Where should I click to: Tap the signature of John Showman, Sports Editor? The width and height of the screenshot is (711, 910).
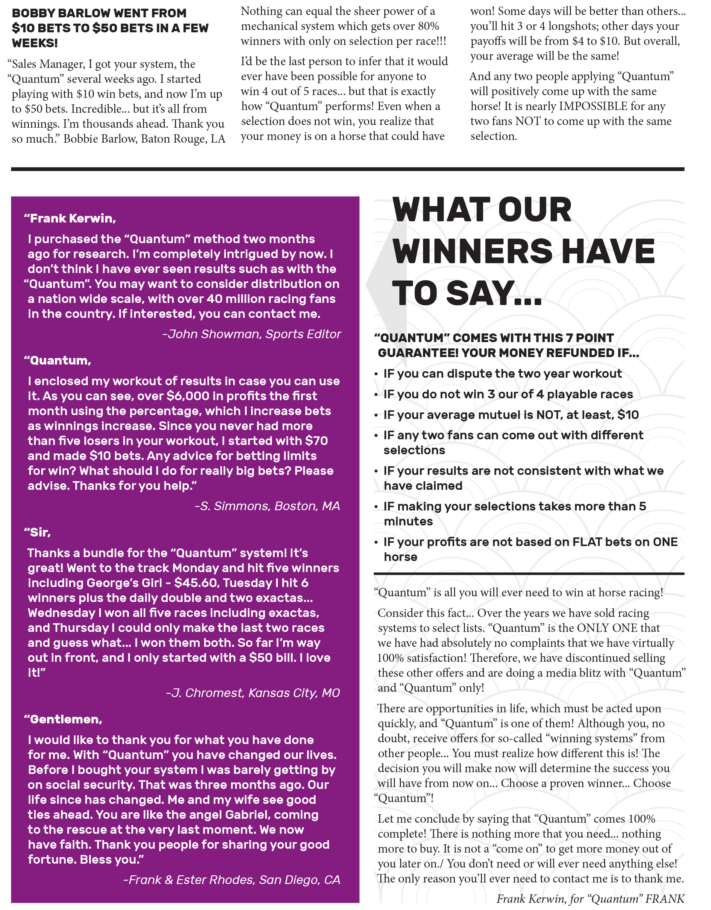pyautogui.click(x=252, y=334)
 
